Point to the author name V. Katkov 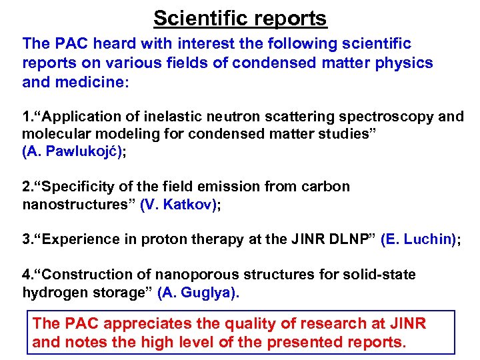[x=177, y=205]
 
